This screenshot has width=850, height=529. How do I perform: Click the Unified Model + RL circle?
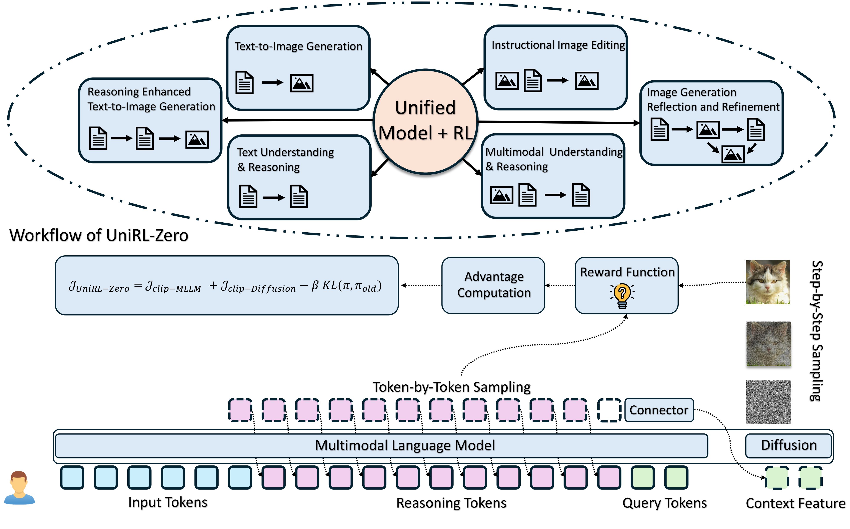pyautogui.click(x=425, y=121)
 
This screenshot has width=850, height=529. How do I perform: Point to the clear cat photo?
pyautogui.click(x=768, y=282)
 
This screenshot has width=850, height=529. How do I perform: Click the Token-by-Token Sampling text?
pyautogui.click(x=451, y=387)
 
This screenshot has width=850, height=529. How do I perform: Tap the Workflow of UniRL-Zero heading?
pyautogui.click(x=99, y=235)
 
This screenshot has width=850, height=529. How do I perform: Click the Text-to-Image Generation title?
pyautogui.click(x=298, y=46)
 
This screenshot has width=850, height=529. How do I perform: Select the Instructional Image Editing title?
pyautogui.click(x=558, y=45)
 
